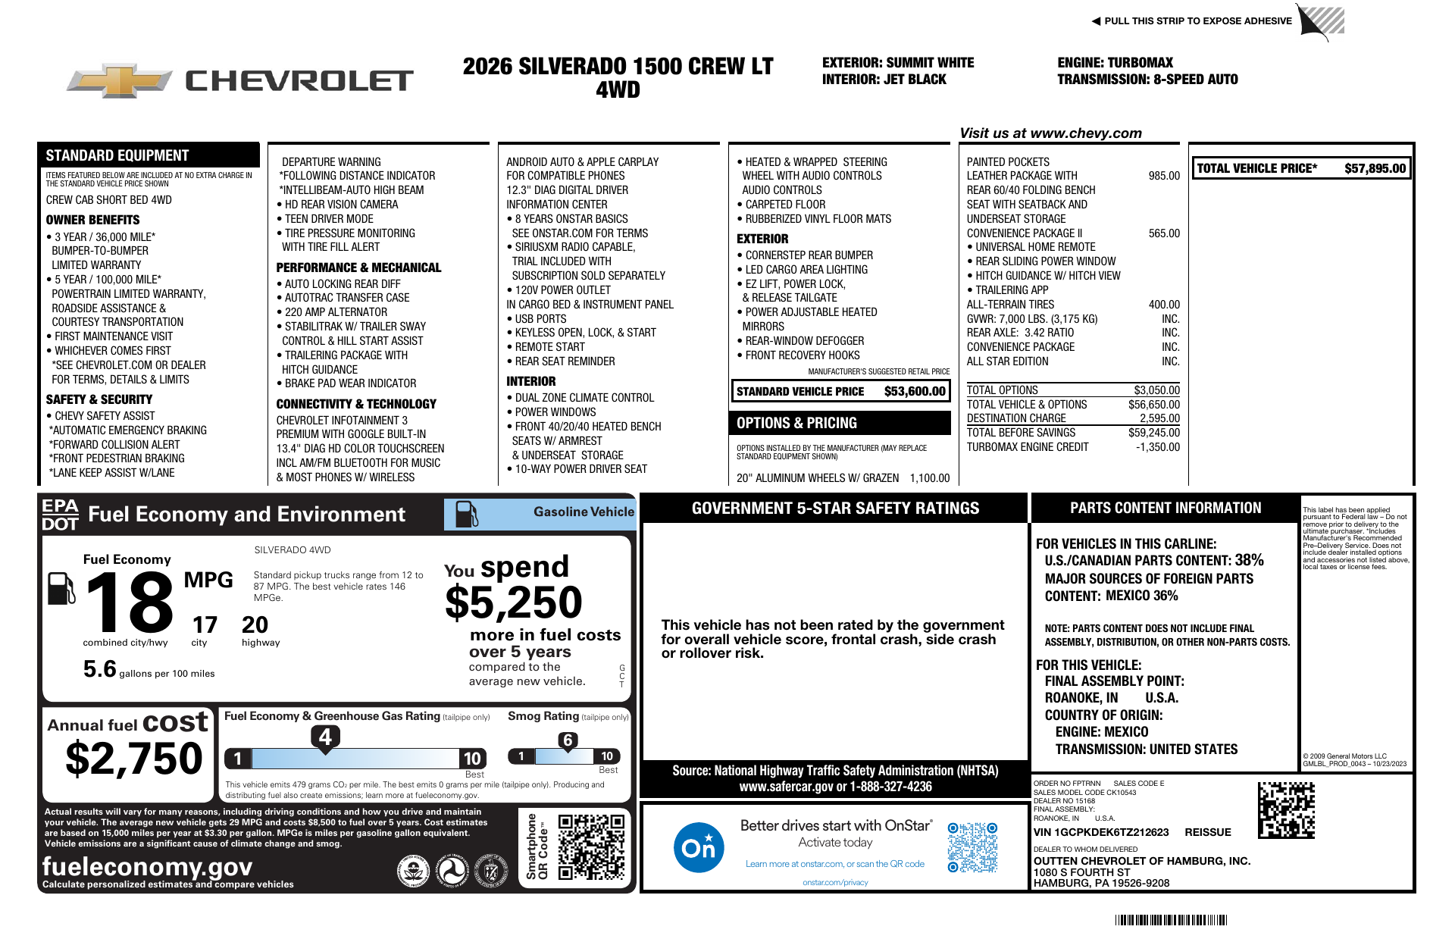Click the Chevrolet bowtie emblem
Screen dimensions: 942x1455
point(119,80)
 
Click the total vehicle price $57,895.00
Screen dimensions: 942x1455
point(1375,168)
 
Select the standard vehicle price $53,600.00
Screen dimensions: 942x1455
point(915,391)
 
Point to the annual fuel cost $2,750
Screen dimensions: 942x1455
point(134,759)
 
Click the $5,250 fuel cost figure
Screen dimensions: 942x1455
point(513,603)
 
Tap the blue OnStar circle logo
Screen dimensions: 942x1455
point(698,847)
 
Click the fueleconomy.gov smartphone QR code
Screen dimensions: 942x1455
point(591,847)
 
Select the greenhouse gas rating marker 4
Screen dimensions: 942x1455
point(325,737)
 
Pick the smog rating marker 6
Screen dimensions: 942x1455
point(568,740)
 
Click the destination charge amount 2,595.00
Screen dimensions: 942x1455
point(1159,418)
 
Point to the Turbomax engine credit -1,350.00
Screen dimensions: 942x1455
point(1157,447)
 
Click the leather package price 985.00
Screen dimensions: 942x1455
point(1163,176)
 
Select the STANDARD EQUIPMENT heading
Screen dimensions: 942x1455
point(117,155)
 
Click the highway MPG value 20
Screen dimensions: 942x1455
point(255,625)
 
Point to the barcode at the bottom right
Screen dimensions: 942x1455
point(1171,920)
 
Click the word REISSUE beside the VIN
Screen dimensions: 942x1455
point(1207,832)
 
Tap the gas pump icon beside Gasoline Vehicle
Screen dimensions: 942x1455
point(466,515)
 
